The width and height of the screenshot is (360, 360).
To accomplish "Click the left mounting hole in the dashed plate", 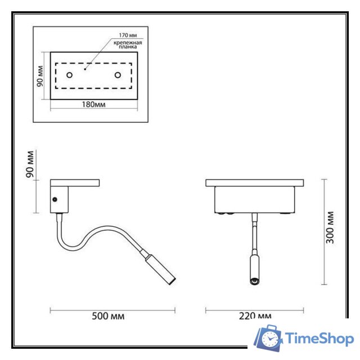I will pyautogui.click(x=69, y=75).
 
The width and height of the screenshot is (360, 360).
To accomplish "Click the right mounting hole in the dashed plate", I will pyautogui.click(x=118, y=75).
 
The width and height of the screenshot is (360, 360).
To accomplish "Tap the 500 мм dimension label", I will pyautogui.click(x=108, y=316).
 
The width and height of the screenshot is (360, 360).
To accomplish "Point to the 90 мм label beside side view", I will pyautogui.click(x=31, y=164).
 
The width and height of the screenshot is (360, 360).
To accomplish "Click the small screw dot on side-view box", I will pyautogui.click(x=55, y=199).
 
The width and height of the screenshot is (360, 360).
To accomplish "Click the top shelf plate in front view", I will pyautogui.click(x=255, y=183).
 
